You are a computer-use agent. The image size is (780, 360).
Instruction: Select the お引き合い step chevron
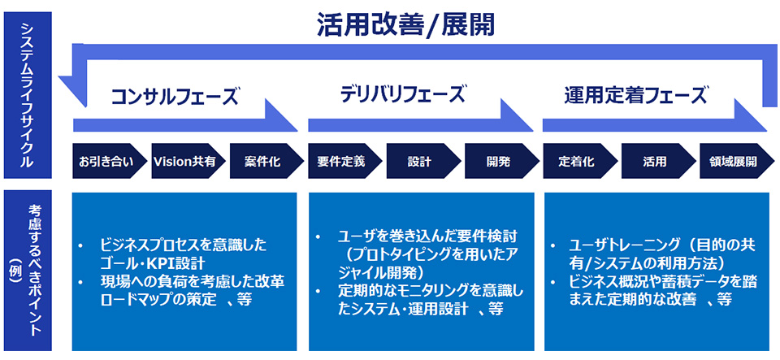102,161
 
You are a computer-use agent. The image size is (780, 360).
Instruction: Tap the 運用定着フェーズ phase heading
635,96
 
